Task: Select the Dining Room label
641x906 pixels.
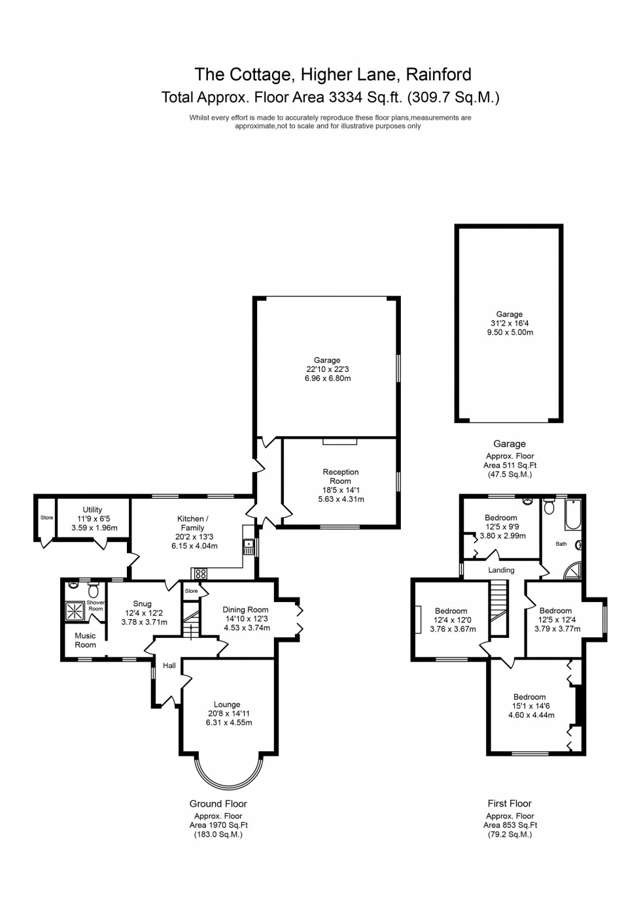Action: point(245,609)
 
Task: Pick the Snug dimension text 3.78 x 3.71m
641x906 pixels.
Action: point(144,622)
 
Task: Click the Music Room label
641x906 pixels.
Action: point(85,640)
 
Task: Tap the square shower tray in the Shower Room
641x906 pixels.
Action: point(76,610)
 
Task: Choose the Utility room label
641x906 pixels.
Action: point(92,510)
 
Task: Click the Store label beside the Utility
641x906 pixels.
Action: point(46,518)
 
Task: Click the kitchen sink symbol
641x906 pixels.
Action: point(249,545)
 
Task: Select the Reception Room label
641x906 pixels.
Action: point(340,477)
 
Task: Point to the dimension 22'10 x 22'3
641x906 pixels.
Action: point(327,369)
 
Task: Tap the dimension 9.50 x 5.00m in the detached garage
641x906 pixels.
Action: point(509,332)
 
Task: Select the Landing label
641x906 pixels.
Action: point(502,570)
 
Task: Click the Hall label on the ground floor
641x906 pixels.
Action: point(169,665)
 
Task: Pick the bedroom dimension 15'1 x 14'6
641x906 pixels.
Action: point(529,706)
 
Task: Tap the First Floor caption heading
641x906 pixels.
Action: point(510,803)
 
